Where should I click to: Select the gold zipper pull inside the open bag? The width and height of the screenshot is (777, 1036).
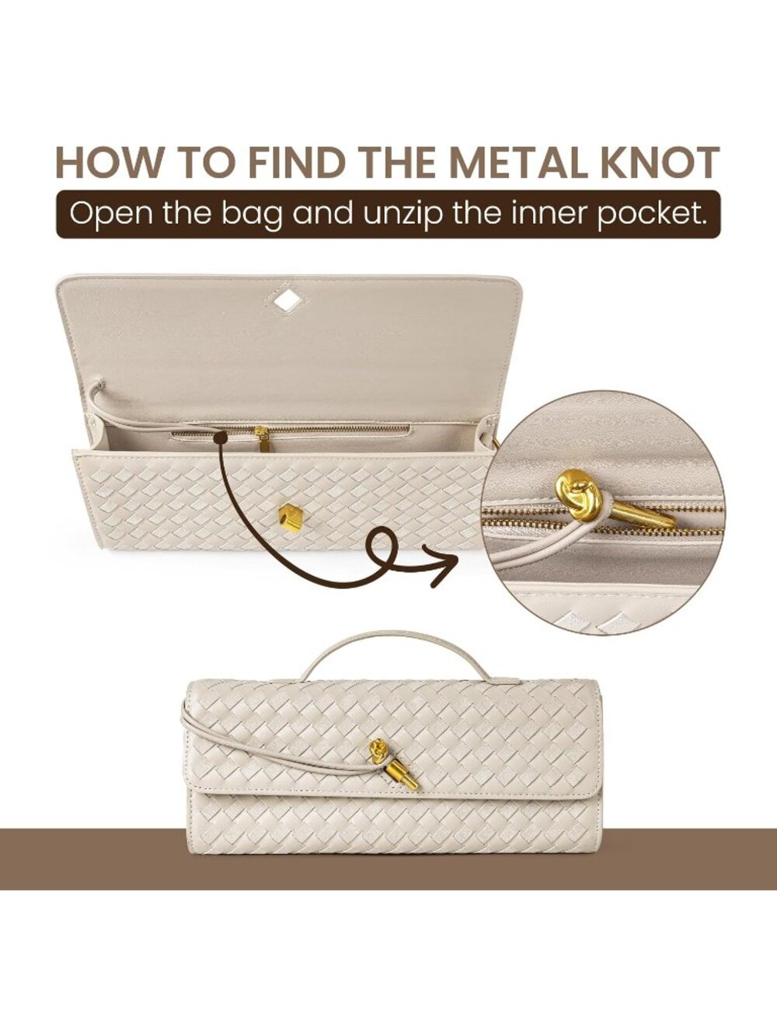[261, 438]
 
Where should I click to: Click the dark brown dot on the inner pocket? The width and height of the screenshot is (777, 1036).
[218, 439]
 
